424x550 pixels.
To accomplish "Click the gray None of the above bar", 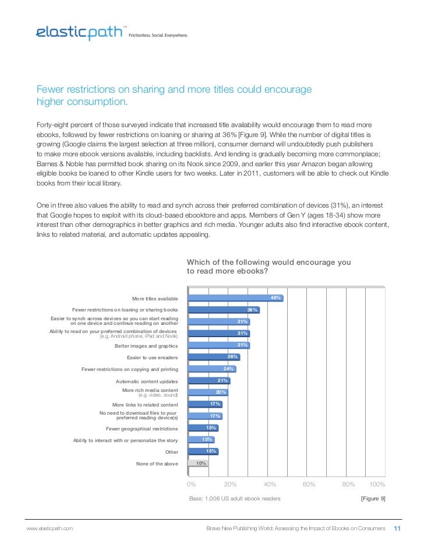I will [x=197, y=463].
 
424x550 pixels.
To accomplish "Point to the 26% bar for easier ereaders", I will [x=213, y=357].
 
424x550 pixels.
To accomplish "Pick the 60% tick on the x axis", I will [x=309, y=485].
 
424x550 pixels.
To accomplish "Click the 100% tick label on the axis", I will [x=377, y=485].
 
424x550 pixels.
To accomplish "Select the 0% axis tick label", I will [x=190, y=485].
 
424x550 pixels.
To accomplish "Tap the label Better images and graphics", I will [x=146, y=345].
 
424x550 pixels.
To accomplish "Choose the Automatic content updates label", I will [x=147, y=381].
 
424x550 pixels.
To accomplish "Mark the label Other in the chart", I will [x=171, y=451].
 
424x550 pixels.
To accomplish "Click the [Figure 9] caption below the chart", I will [x=373, y=499].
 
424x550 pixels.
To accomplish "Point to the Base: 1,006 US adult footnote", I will [x=235, y=499].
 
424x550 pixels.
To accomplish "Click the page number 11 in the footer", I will [x=398, y=528].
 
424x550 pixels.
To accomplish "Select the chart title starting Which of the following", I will [x=268, y=267].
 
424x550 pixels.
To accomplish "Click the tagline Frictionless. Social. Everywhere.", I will [x=158, y=35].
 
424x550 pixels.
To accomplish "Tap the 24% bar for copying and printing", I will [x=210, y=369].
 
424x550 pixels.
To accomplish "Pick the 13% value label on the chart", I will [x=206, y=439].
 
